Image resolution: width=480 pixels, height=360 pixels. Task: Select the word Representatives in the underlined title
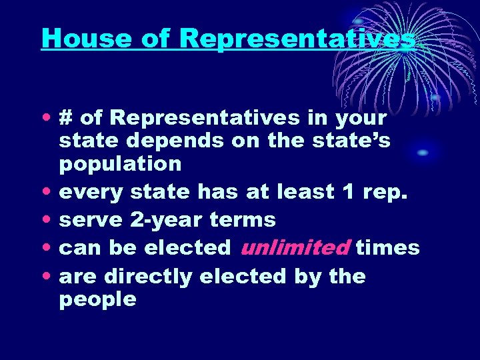point(297,38)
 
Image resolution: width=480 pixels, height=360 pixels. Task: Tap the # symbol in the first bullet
point(67,118)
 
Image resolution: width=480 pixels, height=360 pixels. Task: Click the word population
point(120,164)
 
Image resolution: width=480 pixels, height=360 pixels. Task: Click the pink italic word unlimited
point(295,247)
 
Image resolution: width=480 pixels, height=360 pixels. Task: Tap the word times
point(387,247)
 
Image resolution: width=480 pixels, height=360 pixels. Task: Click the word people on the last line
point(97,300)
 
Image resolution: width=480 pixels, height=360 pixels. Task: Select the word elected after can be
point(187,247)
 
